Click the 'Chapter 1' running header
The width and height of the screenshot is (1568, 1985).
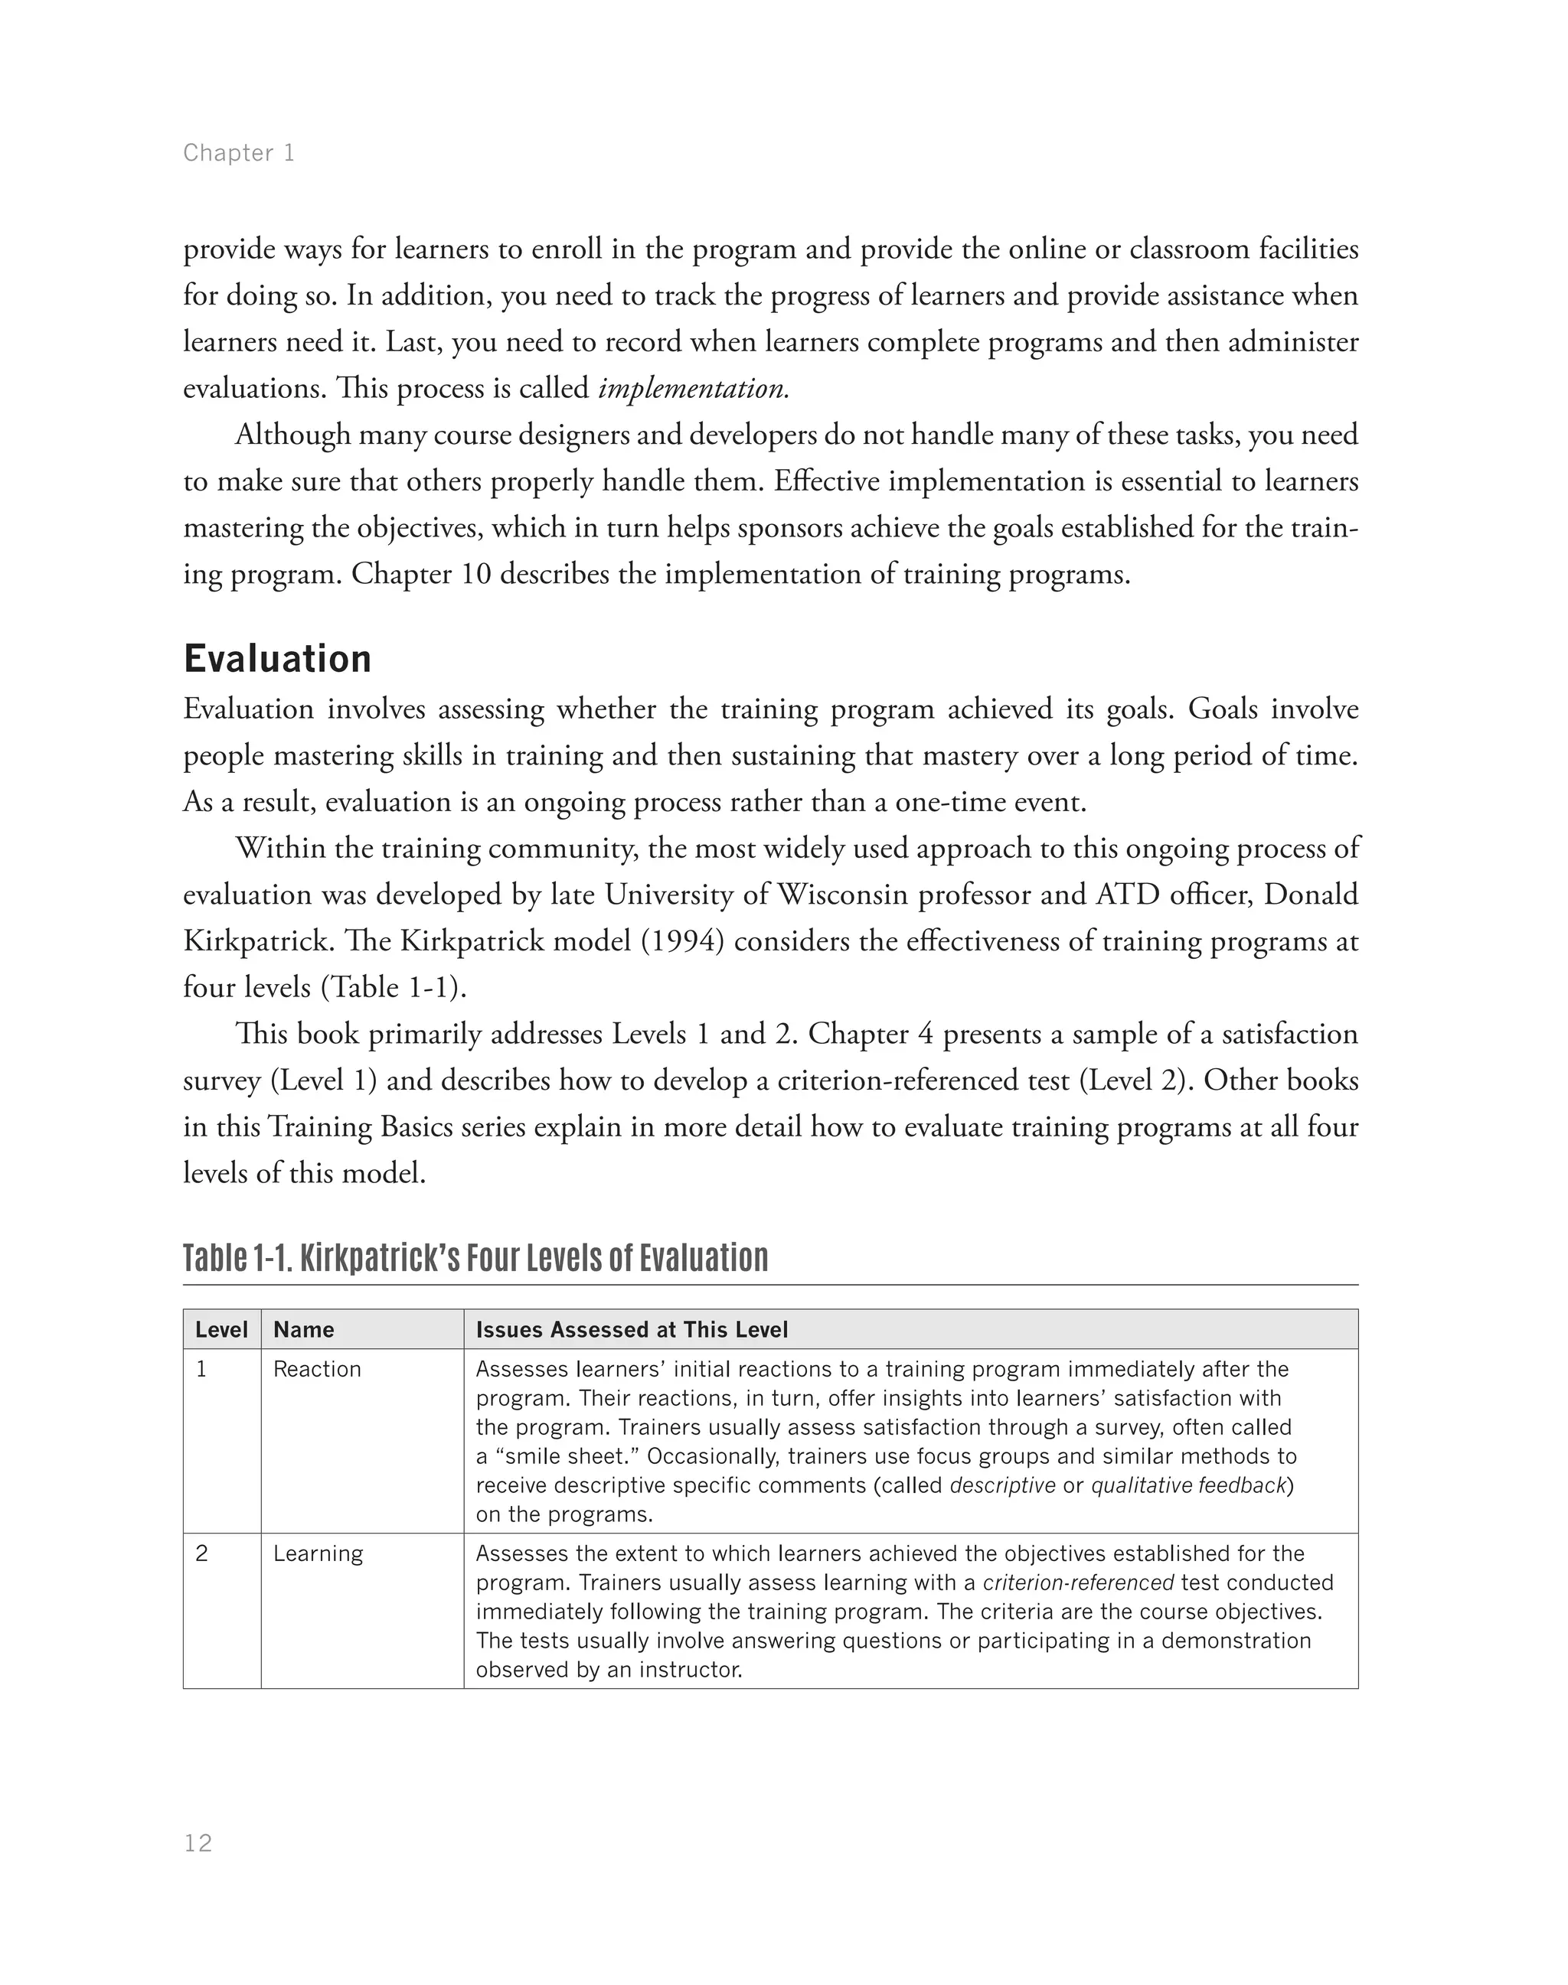pyautogui.click(x=239, y=152)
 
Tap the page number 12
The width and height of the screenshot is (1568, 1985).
pyautogui.click(x=198, y=1843)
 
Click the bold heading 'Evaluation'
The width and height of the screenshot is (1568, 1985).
pyautogui.click(x=277, y=659)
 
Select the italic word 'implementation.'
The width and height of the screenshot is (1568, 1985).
pyautogui.click(x=693, y=388)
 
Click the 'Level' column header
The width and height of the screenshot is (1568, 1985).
pyautogui.click(x=221, y=1330)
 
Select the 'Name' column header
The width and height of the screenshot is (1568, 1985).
pyautogui.click(x=304, y=1330)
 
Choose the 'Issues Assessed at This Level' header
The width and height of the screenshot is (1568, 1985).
pyautogui.click(x=632, y=1330)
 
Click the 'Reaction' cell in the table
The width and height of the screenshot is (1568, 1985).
pyautogui.click(x=317, y=1369)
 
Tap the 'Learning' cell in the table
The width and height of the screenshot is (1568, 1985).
pyautogui.click(x=318, y=1553)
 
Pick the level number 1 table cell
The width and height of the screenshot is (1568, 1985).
pyautogui.click(x=201, y=1369)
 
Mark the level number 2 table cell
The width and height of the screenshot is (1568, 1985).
pyautogui.click(x=202, y=1553)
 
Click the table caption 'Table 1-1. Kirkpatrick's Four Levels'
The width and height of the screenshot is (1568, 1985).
pyautogui.click(x=475, y=1257)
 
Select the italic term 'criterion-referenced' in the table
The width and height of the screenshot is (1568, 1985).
pyautogui.click(x=1078, y=1583)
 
